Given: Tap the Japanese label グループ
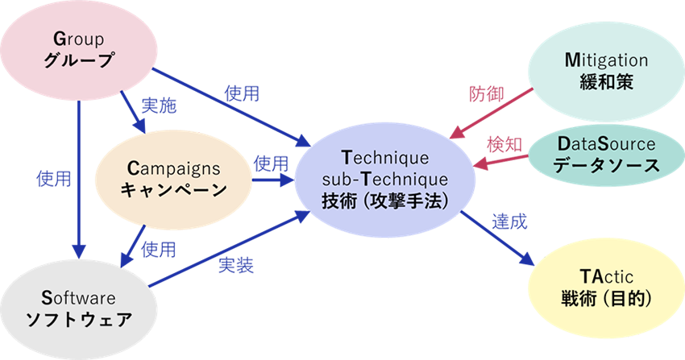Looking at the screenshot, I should (x=79, y=61).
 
